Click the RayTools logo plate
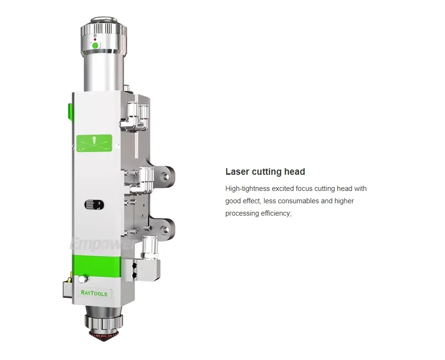(94, 294)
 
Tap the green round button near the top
(95, 46)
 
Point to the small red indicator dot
(95, 39)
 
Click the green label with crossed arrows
(94, 143)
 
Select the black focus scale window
(94, 205)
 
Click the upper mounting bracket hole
(166, 176)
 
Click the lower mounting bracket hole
(166, 229)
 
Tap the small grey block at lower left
(67, 288)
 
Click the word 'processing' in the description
(242, 213)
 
